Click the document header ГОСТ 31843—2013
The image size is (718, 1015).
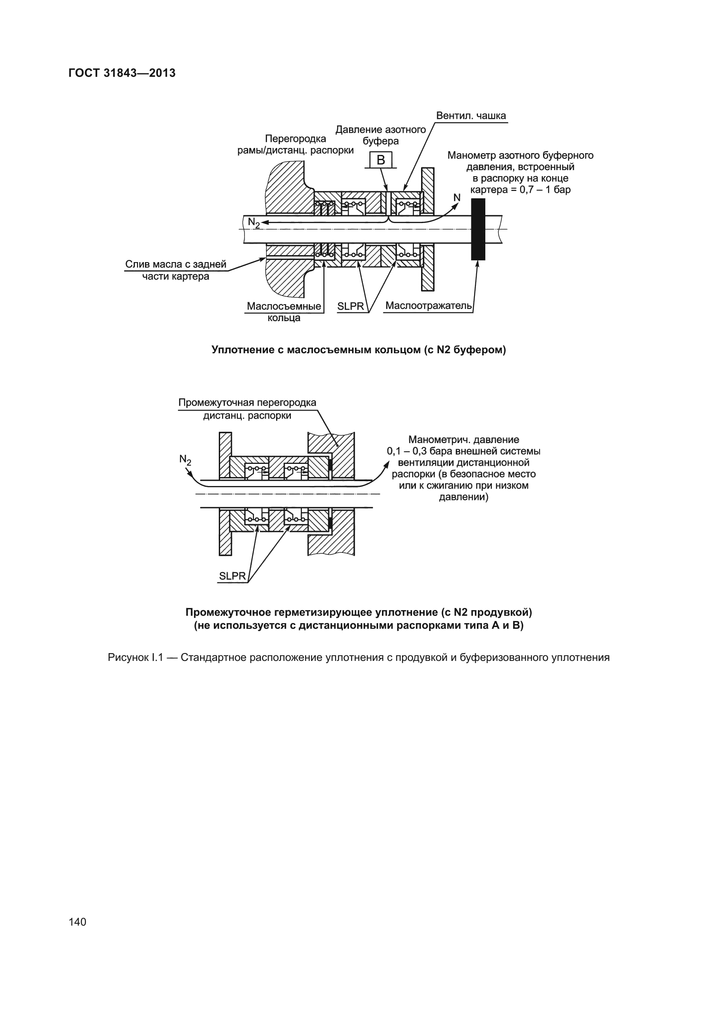click(122, 73)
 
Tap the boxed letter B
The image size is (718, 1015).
click(381, 160)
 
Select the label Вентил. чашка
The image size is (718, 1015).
click(471, 116)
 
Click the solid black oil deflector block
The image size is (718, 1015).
click(478, 229)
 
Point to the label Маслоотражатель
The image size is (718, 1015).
click(428, 306)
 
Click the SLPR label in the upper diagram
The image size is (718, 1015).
click(351, 306)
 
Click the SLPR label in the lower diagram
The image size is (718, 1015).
click(232, 576)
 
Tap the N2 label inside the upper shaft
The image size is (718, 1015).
click(254, 222)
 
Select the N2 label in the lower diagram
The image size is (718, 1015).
click(185, 460)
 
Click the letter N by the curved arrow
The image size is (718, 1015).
click(457, 197)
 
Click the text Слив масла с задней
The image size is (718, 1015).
click(175, 264)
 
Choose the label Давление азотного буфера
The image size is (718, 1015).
click(381, 135)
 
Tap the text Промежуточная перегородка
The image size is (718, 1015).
click(247, 403)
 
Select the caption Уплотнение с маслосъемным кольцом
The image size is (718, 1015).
click(359, 350)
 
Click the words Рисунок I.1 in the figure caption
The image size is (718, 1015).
click(135, 657)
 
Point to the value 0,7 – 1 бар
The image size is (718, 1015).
click(545, 190)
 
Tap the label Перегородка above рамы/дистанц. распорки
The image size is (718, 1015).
click(295, 139)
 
